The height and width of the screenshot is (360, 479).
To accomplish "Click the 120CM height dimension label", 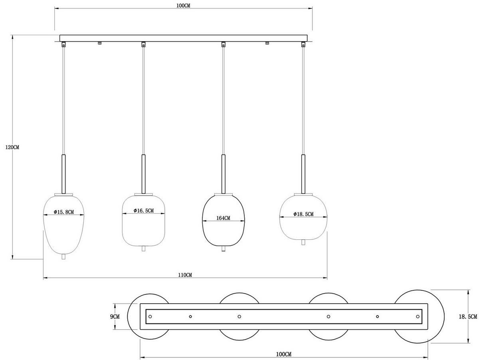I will (x=12, y=147).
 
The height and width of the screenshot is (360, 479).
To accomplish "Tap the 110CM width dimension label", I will (x=185, y=274).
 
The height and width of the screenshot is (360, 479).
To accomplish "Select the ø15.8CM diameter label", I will (x=64, y=212).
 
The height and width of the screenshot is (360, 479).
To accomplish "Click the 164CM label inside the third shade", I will (x=223, y=218).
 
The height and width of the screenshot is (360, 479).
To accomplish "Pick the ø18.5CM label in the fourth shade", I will (x=303, y=214).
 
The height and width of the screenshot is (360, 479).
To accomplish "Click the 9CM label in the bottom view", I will (x=115, y=316).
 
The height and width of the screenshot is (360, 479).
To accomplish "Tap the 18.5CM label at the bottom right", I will (x=468, y=316).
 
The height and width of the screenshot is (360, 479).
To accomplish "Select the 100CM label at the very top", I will (x=183, y=6).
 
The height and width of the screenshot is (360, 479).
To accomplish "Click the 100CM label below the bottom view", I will (x=283, y=354).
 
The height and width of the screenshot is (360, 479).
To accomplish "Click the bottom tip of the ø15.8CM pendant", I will (x=63, y=257).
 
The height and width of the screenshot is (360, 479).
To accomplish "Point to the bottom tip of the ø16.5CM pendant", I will (x=143, y=249).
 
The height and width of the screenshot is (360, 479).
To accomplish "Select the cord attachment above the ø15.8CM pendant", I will (x=63, y=45).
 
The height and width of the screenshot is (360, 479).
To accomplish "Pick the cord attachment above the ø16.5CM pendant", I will (x=143, y=44).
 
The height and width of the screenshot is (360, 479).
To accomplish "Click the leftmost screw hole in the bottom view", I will (x=150, y=316).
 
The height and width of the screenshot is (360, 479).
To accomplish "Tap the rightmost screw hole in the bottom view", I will (x=418, y=316).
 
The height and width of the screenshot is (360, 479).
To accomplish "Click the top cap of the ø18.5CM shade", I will (x=303, y=195).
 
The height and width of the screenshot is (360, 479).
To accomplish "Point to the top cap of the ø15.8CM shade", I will (x=63, y=195).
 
